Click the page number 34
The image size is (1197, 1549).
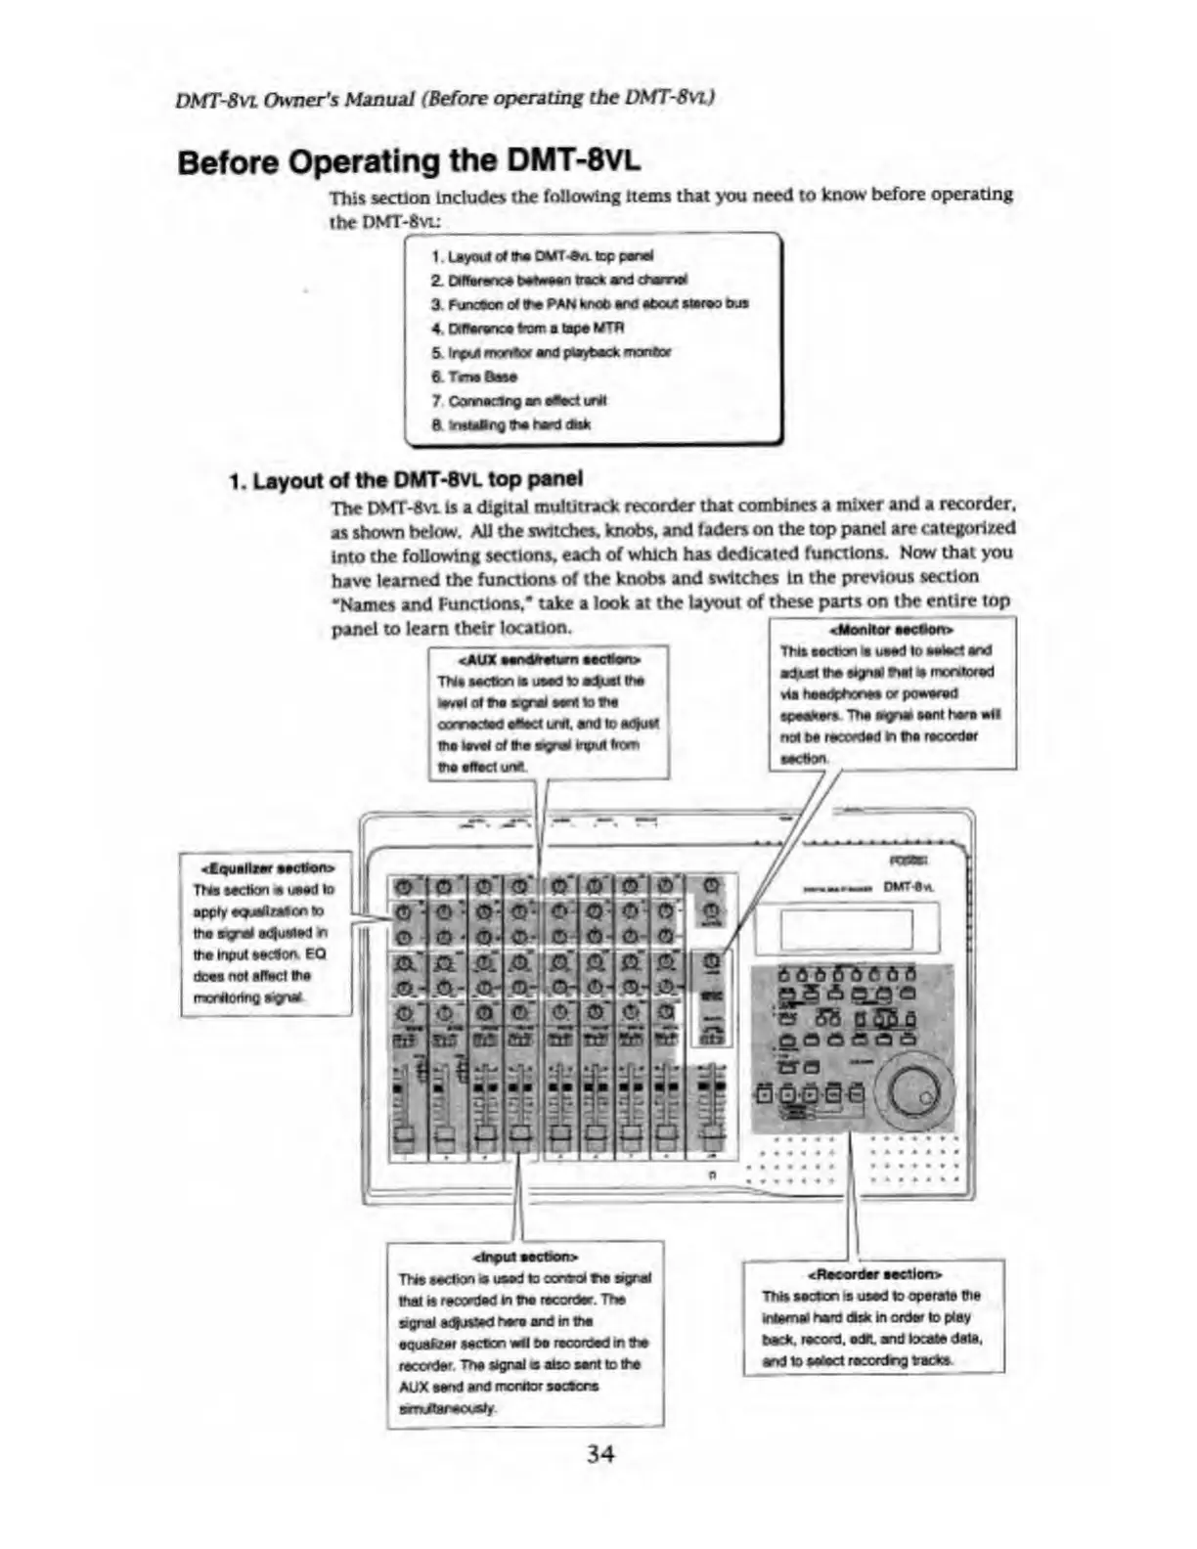point(599,1454)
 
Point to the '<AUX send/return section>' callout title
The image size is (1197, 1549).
point(549,659)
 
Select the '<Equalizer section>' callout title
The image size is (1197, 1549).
point(266,867)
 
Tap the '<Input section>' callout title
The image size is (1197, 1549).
point(525,1256)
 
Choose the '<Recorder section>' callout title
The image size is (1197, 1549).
point(873,1273)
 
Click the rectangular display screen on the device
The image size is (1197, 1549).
point(847,928)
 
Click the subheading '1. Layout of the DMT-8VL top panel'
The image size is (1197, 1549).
point(405,479)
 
